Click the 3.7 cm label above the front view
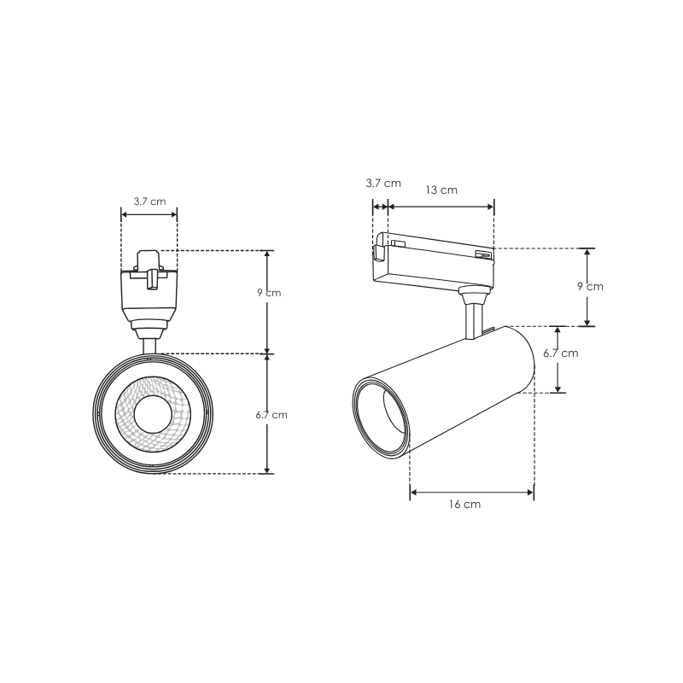pos(149,201)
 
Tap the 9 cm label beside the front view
pos(269,293)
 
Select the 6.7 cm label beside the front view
pos(271,415)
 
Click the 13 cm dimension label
pos(441,190)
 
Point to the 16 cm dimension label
pos(464,505)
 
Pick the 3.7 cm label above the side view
pos(383,183)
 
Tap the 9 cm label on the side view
pos(590,287)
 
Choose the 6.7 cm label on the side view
pos(561,353)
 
